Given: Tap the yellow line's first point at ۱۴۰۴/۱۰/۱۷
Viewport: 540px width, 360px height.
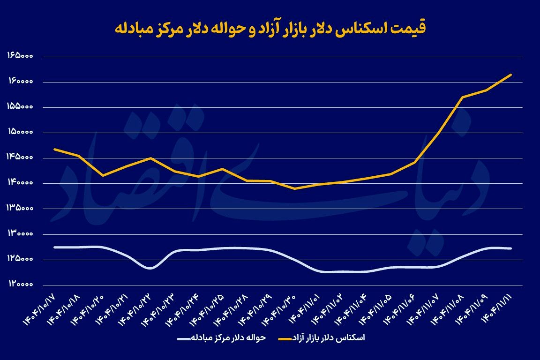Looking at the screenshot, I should pyautogui.click(x=55, y=149).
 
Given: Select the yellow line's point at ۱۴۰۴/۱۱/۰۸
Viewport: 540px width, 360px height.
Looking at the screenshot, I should pyautogui.click(x=463, y=97).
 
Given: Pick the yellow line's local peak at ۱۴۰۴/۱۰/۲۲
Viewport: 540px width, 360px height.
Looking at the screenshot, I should pyautogui.click(x=150, y=158).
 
